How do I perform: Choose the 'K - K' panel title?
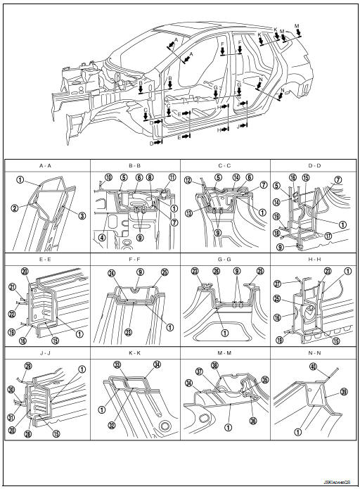click(x=136, y=354)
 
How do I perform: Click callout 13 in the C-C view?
click(x=188, y=214)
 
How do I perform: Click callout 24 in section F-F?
click(x=111, y=273)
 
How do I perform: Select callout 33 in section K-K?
click(x=116, y=364)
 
